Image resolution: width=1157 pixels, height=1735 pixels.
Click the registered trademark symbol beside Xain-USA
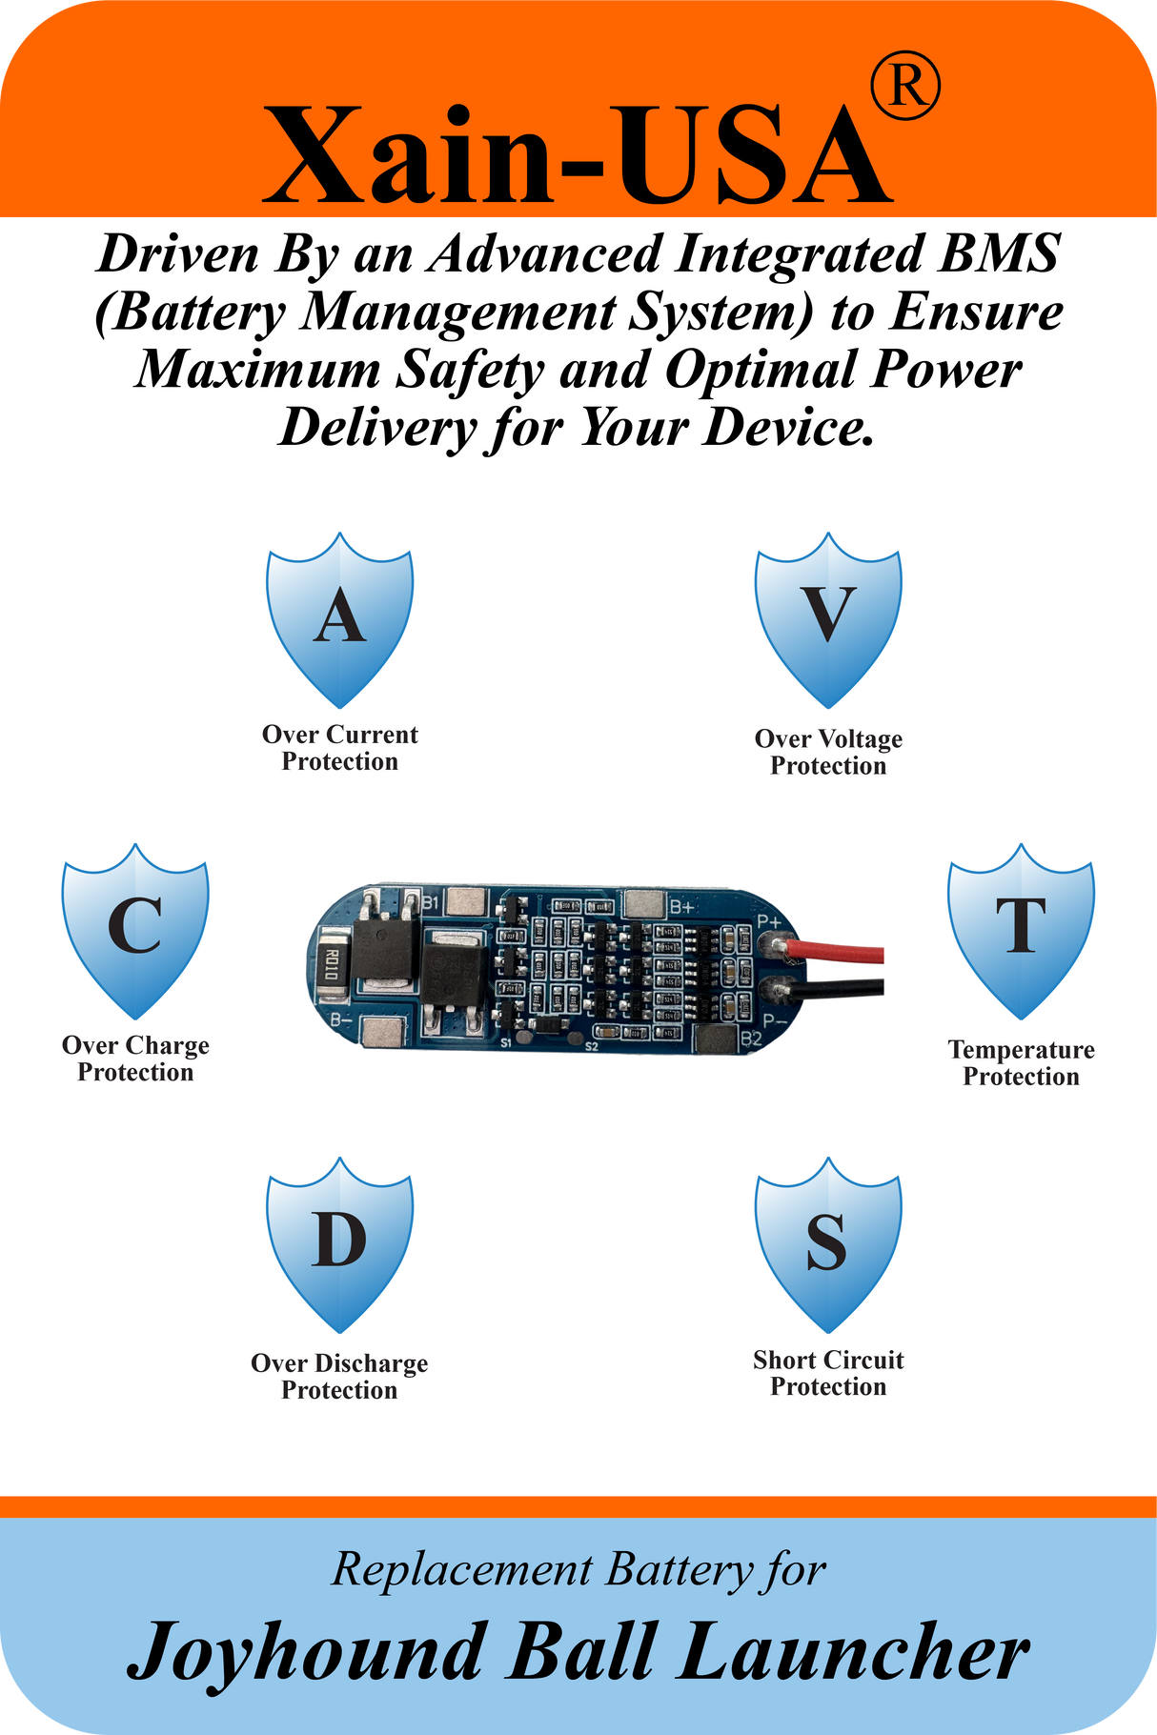click(905, 88)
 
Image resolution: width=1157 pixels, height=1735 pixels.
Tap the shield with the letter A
click(339, 619)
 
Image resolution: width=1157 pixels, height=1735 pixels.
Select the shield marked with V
click(828, 619)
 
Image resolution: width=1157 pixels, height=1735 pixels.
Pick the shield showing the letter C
click(135, 930)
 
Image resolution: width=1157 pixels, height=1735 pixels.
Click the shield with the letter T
click(1021, 930)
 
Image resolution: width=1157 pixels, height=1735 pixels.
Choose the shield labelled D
click(339, 1244)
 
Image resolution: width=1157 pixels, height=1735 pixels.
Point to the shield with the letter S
click(828, 1244)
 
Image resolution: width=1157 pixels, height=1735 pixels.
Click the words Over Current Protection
click(340, 748)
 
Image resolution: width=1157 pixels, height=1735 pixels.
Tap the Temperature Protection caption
click(1021, 1062)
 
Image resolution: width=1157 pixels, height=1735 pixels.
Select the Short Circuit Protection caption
click(828, 1373)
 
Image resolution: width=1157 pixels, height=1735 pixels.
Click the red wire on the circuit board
click(833, 952)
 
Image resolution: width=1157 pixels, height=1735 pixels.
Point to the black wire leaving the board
click(833, 988)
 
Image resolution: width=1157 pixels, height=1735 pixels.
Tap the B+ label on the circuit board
click(682, 906)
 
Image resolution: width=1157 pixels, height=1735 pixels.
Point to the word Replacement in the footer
click(461, 1569)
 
